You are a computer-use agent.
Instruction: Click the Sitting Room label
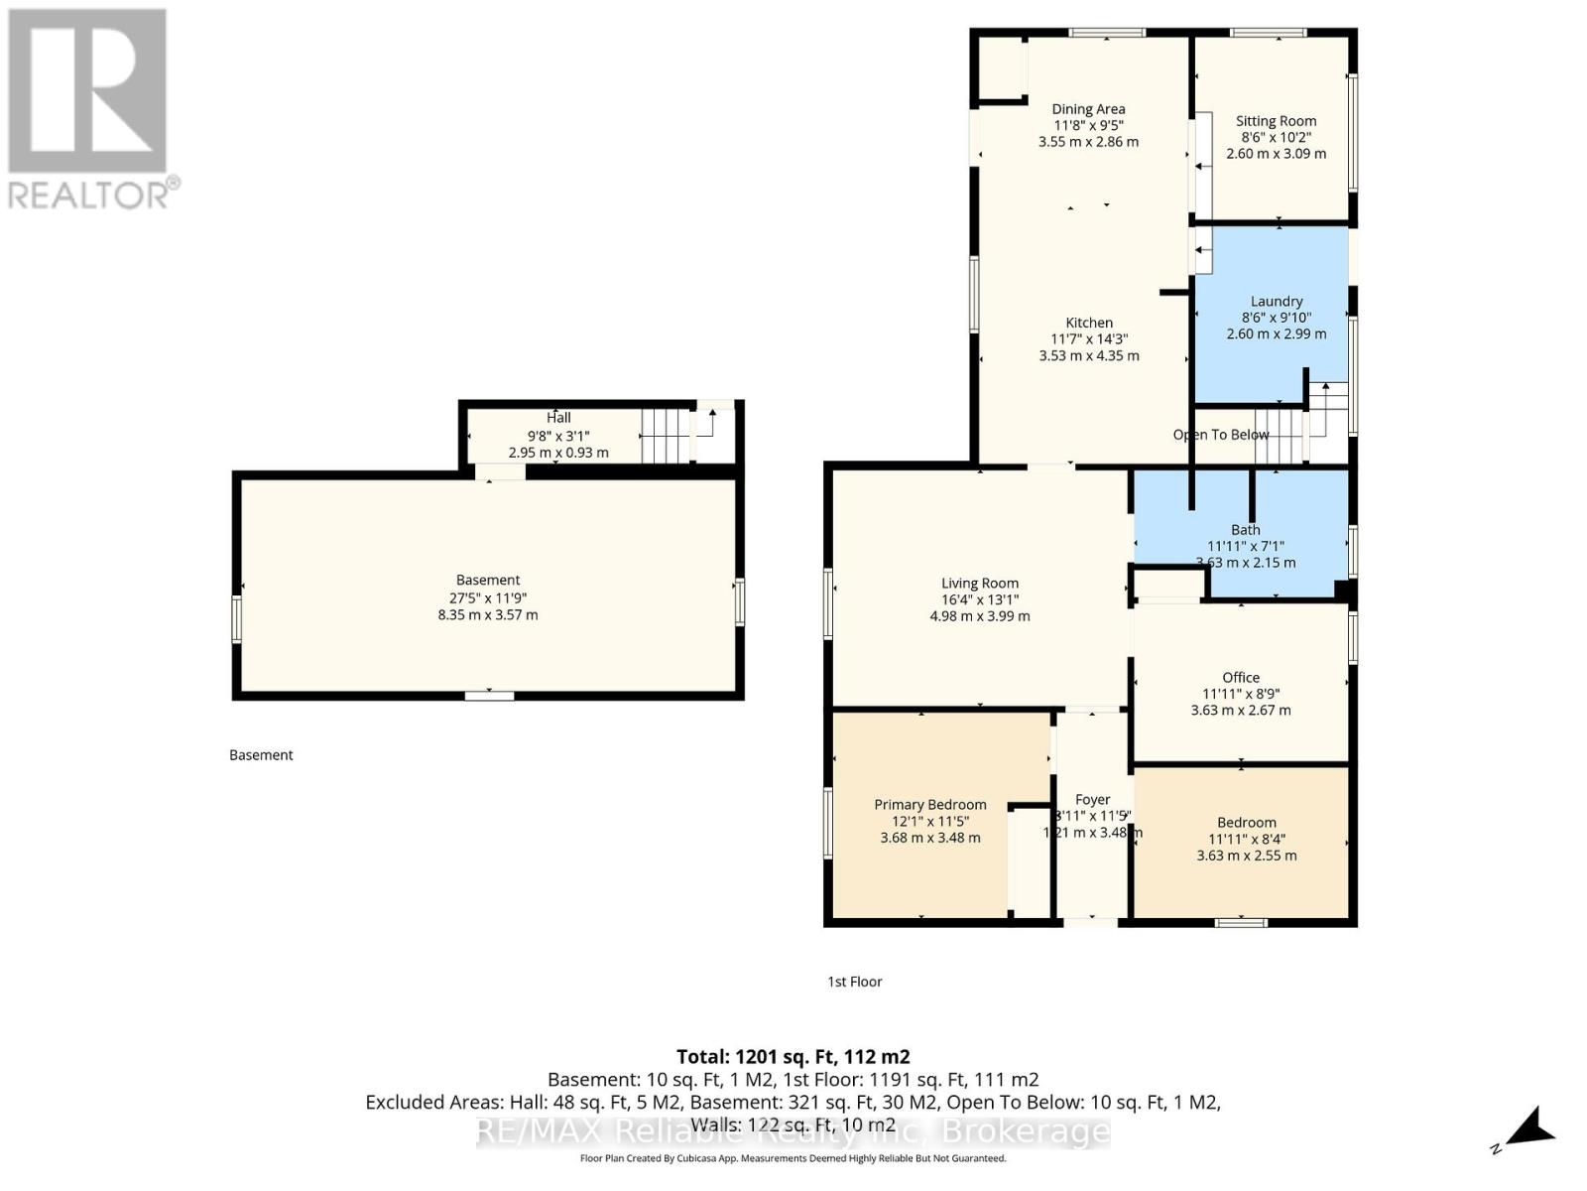(1276, 121)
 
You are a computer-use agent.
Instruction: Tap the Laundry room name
(1276, 301)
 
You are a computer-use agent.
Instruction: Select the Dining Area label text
(1088, 109)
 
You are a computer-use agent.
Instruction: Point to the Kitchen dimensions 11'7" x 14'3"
(1088, 339)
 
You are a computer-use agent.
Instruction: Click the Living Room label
(979, 584)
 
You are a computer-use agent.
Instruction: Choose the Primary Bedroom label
(929, 805)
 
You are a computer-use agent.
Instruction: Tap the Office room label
(1240, 678)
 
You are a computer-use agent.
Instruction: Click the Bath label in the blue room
(1245, 530)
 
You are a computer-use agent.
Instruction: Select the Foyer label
(1092, 799)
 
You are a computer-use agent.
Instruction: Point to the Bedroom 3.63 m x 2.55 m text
(1246, 856)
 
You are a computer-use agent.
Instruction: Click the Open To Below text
(1220, 435)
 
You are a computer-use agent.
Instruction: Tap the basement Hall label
(558, 418)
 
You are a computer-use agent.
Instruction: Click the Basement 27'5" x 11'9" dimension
(487, 597)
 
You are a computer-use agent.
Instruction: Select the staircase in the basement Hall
(666, 436)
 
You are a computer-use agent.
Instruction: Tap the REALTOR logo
(89, 109)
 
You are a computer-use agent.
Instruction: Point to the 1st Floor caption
(854, 982)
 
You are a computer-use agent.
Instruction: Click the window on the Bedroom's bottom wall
(1241, 923)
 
